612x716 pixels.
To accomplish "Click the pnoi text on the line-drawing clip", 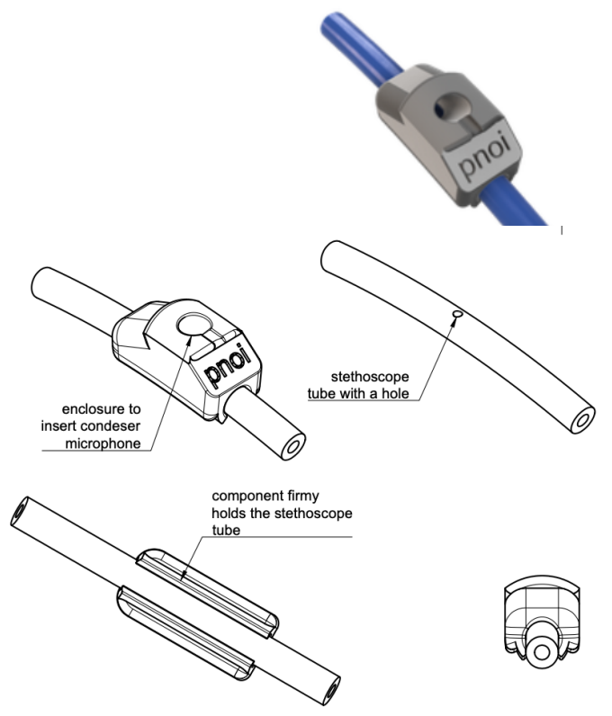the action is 229,364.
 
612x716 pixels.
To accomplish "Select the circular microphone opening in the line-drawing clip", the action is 194,325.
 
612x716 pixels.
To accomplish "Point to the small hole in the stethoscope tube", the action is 456,314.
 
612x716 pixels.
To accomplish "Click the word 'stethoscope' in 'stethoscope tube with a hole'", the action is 370,377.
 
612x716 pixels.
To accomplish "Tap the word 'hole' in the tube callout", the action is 395,394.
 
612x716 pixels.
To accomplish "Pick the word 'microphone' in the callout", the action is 103,443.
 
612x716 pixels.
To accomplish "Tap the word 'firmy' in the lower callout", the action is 305,497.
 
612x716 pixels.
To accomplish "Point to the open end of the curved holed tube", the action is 582,420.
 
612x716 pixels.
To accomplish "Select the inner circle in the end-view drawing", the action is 542,651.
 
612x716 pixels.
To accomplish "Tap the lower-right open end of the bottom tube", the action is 330,690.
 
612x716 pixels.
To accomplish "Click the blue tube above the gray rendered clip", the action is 361,43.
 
